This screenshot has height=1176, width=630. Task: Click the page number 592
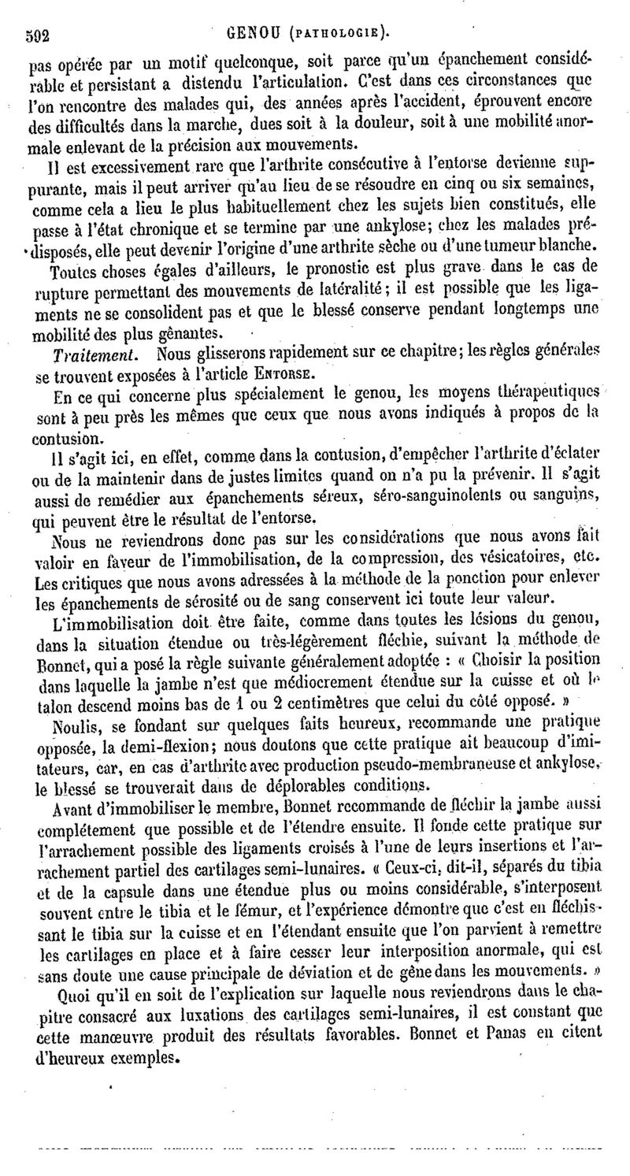coord(38,35)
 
